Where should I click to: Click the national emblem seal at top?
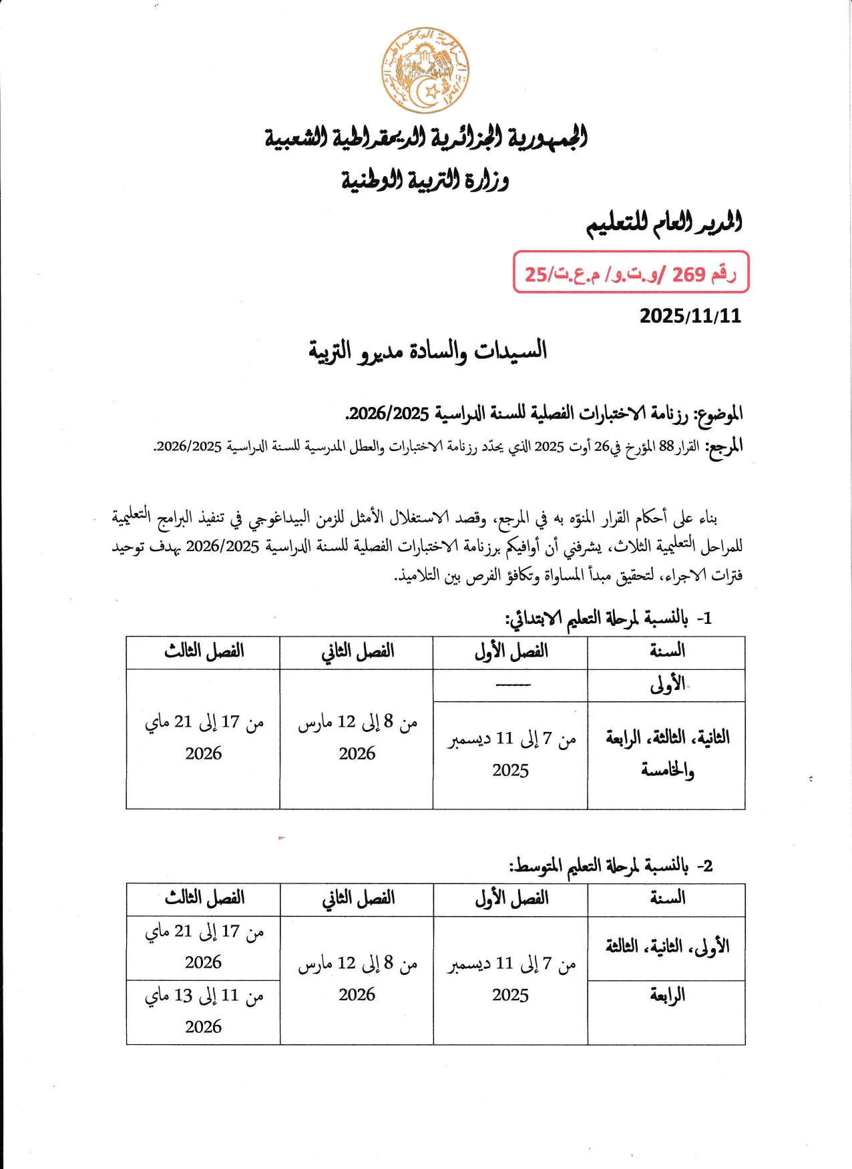[x=425, y=71]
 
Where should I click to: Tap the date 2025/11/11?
[x=690, y=316]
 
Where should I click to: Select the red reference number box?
[x=630, y=272]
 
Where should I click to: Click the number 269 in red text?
[x=689, y=274]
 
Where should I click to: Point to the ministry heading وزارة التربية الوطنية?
[x=425, y=179]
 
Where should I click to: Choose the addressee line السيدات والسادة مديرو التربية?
[x=427, y=350]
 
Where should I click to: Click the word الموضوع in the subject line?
[x=720, y=414]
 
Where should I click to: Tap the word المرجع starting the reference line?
[x=724, y=446]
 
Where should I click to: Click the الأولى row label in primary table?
[x=667, y=685]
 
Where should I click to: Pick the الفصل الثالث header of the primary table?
[x=204, y=652]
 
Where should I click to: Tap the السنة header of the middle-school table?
[x=667, y=899]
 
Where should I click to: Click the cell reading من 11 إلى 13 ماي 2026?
[x=204, y=1011]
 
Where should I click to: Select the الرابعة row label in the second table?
[x=667, y=996]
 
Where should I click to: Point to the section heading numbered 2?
[x=611, y=865]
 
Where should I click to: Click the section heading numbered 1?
[x=608, y=619]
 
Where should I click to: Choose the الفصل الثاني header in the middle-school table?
[x=358, y=899]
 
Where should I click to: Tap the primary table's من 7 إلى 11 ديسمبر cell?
[x=511, y=754]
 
